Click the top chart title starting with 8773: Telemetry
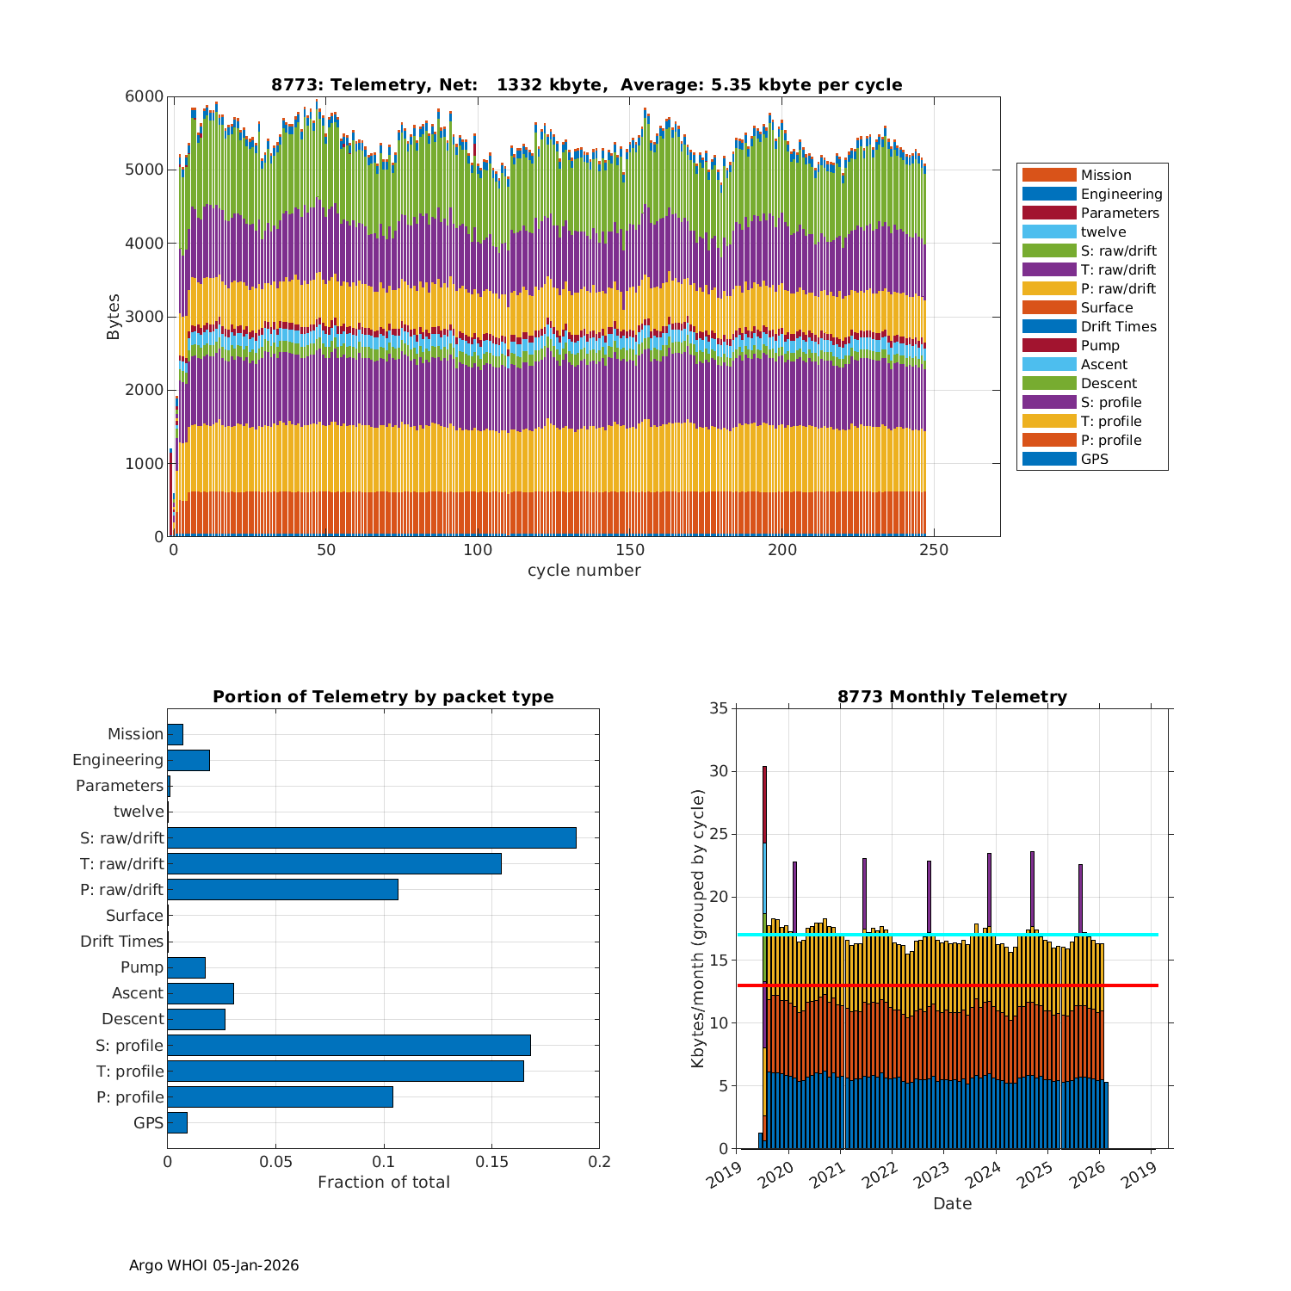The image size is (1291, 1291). (x=586, y=84)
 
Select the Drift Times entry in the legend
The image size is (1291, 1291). (x=1118, y=326)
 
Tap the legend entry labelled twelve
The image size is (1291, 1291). (x=1103, y=232)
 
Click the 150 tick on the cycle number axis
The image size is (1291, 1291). (x=630, y=551)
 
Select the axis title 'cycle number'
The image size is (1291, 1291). (x=584, y=571)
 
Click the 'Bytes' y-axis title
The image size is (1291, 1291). (x=114, y=317)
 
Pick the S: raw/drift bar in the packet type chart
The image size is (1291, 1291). (x=371, y=837)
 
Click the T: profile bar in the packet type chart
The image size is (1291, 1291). (x=345, y=1071)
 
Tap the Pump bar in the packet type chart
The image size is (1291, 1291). (x=186, y=967)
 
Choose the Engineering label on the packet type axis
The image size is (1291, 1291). (x=118, y=760)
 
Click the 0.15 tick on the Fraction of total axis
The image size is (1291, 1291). (x=491, y=1162)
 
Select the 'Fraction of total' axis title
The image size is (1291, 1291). (x=383, y=1183)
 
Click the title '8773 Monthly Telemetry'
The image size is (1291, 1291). (x=952, y=697)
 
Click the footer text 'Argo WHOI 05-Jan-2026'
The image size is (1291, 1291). (x=213, y=1265)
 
